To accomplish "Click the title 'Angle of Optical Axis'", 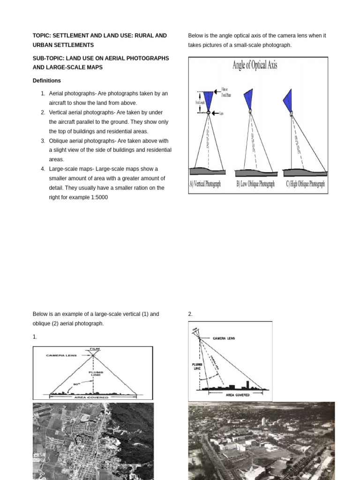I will tap(255, 65).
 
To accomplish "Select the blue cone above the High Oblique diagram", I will tap(288, 100).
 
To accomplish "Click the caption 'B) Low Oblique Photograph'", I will tap(255, 184).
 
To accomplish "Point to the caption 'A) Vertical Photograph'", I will tap(206, 184).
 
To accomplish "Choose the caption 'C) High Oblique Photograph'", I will tap(305, 184).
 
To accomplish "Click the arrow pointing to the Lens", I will tap(216, 112).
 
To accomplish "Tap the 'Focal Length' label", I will tap(197, 102).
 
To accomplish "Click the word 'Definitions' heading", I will tap(47, 81).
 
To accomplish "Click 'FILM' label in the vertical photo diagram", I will tap(94, 349).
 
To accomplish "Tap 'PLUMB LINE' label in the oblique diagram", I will tap(197, 366).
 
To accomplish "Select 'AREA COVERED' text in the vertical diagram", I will tap(92, 397).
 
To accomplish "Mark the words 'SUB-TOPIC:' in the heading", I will tap(47, 58).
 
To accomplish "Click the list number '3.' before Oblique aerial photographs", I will tap(43, 141).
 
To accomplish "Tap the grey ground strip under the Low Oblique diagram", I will tap(254, 172).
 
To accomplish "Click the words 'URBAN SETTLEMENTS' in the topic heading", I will tap(63, 45).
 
